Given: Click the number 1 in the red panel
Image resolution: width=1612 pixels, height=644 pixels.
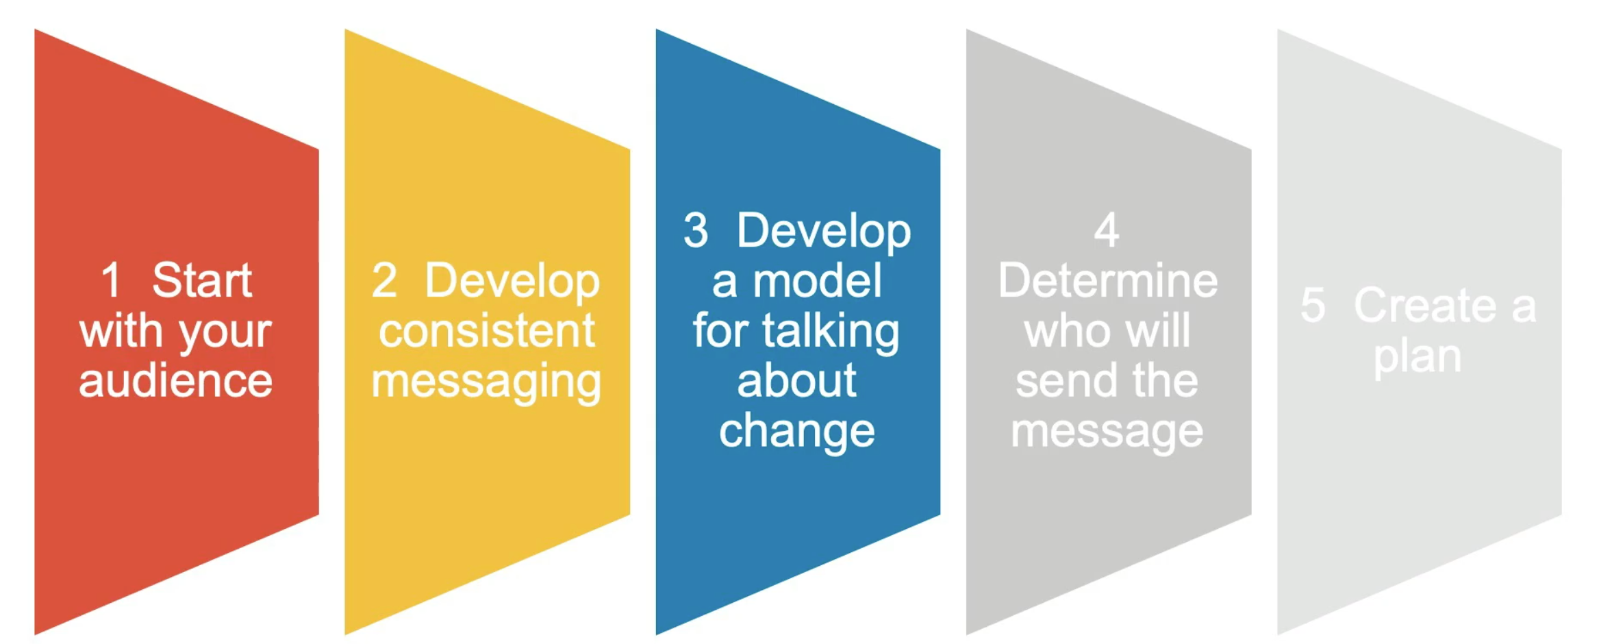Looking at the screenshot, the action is click(x=112, y=280).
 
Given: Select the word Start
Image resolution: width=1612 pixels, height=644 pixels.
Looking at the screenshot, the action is click(x=202, y=280).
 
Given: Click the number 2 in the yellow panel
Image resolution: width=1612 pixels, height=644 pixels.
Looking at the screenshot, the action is click(x=384, y=280).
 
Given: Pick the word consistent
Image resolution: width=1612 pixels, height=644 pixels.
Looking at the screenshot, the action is click(x=487, y=331).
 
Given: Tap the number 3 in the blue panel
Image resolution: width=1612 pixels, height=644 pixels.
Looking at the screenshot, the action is click(x=696, y=230).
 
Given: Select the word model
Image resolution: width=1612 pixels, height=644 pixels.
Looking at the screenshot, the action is click(x=818, y=281).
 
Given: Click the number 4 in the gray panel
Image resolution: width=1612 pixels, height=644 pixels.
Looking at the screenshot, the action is click(x=1107, y=230).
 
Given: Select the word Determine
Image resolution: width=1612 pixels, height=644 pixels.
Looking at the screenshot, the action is click(x=1108, y=280).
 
